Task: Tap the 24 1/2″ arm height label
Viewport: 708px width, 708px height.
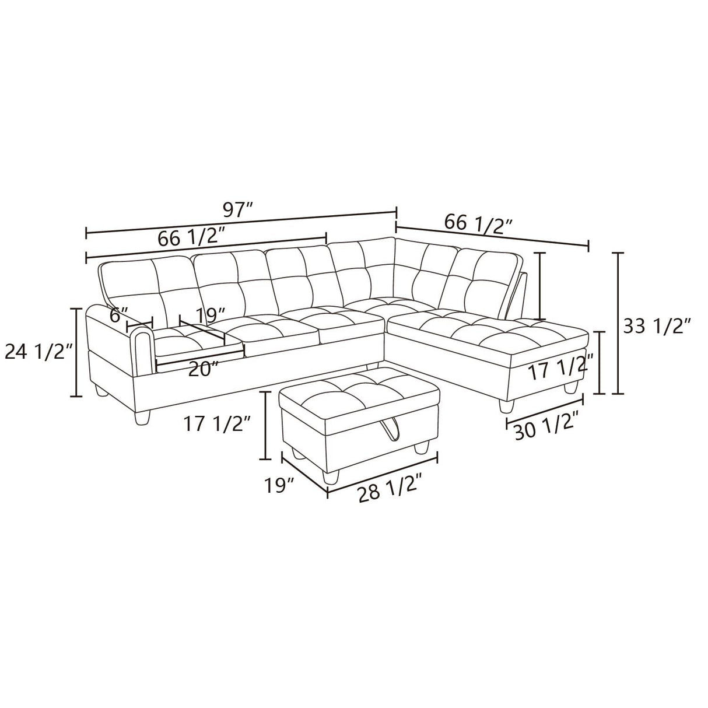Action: click(38, 352)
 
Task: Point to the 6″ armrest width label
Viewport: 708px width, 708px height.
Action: click(118, 315)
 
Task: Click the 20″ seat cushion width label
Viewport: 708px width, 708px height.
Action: click(204, 368)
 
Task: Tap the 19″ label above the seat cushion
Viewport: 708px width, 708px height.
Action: click(210, 316)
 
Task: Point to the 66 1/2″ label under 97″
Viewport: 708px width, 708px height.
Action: click(191, 237)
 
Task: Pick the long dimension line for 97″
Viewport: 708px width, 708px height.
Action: click(241, 223)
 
